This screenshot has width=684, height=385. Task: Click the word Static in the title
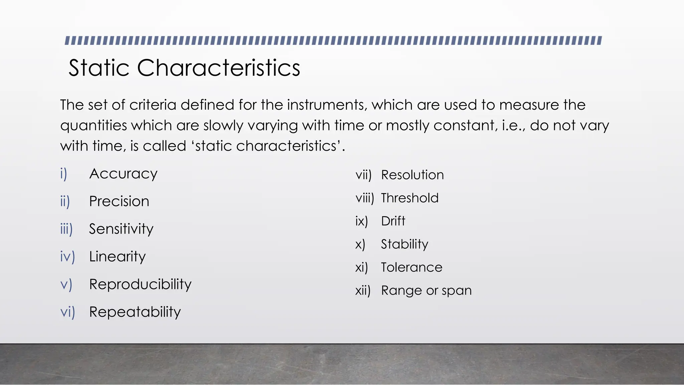point(99,68)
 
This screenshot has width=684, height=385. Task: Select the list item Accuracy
point(123,174)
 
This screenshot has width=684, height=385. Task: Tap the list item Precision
point(119,201)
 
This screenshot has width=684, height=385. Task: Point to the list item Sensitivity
point(121,229)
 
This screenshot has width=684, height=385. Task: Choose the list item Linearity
point(117,257)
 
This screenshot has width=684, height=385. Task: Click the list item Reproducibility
point(140,284)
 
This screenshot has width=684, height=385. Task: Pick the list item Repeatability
point(135,312)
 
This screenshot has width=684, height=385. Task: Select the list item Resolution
point(412,175)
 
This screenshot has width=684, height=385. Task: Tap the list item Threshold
point(409,198)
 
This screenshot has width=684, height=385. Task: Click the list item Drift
point(393,221)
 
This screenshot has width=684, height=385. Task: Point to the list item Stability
point(404,244)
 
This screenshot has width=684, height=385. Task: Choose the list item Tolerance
point(411,267)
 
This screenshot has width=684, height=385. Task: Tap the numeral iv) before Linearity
point(67,257)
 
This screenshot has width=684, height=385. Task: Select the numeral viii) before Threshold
point(364,198)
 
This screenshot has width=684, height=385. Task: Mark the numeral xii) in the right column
point(363,291)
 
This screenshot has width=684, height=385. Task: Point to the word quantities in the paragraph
point(94,126)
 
